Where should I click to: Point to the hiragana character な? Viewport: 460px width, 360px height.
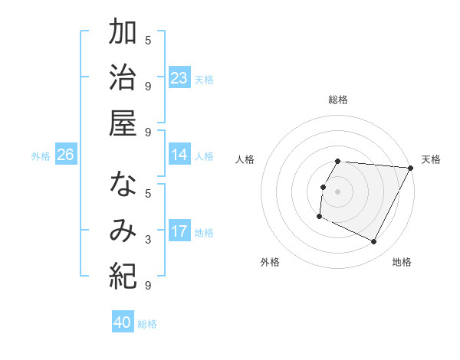123,185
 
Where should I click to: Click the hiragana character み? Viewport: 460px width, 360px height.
123,229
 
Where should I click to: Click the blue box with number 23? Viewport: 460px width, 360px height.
179,78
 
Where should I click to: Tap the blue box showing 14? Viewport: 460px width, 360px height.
179,155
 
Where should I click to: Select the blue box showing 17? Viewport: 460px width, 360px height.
179,231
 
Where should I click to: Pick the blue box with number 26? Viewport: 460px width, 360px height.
65,155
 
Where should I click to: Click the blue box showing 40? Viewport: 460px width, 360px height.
123,322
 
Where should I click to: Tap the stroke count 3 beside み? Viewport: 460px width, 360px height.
148,241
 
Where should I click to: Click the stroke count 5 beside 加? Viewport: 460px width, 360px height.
148,40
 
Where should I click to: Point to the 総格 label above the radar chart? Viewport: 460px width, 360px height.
338,100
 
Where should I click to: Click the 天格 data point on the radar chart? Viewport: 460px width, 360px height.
411,168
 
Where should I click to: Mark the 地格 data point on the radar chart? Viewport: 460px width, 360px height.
374,242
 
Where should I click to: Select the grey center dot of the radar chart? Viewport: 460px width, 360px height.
338,191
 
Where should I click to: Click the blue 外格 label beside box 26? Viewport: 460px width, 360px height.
41,155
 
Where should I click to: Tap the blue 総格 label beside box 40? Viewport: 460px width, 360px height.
147,323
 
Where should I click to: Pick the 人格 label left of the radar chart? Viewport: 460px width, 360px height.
245,159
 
